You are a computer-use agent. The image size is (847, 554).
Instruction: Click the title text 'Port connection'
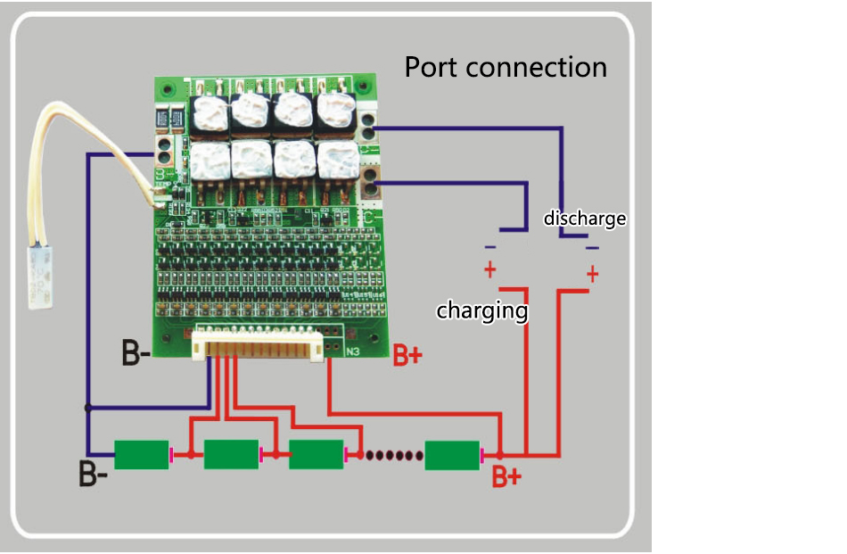coord(506,67)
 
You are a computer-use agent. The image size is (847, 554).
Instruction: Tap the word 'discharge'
coord(585,219)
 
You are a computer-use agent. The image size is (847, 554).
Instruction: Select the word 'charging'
coord(481,311)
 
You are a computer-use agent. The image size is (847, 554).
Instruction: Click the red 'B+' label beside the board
coord(407,357)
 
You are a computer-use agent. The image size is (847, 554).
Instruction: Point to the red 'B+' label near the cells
coord(506,477)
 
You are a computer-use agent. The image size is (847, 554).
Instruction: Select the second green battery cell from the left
coord(231,455)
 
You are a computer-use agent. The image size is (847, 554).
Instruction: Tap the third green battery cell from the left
coord(317,455)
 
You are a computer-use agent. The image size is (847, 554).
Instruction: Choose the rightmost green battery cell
coord(452,455)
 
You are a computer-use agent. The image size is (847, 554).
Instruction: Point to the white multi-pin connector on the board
coord(256,343)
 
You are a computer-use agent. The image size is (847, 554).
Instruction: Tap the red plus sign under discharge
coord(592,275)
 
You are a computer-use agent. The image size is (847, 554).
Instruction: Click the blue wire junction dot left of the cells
coord(87,408)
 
